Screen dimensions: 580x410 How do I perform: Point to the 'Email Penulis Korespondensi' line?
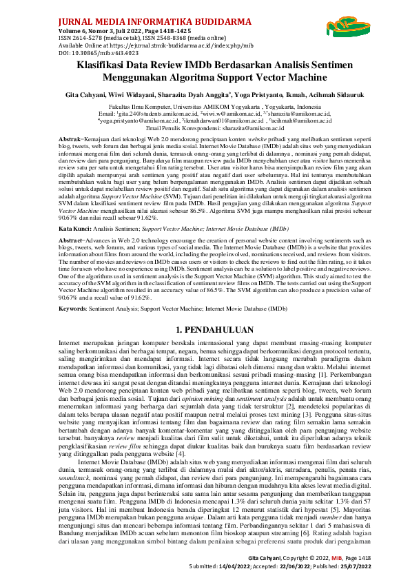[x=205, y=128]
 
